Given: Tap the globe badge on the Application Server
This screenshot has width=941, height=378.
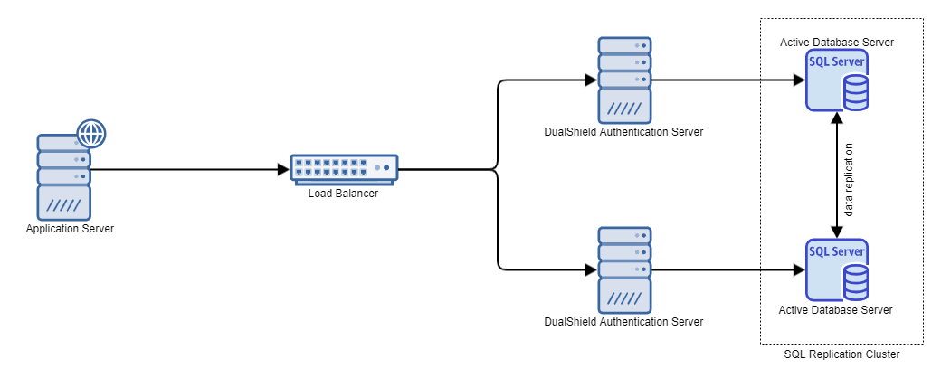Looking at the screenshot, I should (x=90, y=134).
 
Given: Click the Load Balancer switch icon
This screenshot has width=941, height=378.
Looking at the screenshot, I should (x=344, y=167).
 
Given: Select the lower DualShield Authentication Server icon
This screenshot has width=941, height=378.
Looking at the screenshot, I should (x=624, y=269).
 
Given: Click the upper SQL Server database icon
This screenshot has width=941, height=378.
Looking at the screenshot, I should (x=837, y=80).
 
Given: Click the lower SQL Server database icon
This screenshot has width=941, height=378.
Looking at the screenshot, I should (x=837, y=269).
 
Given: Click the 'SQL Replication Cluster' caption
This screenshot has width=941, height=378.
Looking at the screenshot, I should (x=841, y=355).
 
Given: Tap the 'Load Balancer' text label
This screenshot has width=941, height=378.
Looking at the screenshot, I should (x=344, y=192).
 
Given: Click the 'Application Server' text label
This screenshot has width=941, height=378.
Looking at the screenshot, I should (x=70, y=228).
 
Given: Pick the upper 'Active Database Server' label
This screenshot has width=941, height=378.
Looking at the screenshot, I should (x=837, y=43).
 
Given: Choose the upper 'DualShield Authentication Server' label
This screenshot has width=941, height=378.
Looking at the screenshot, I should (x=624, y=132).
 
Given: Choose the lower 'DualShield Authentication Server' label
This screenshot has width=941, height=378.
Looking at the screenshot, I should (x=624, y=322).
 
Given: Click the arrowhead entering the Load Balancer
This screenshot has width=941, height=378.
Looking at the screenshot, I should (x=283, y=169).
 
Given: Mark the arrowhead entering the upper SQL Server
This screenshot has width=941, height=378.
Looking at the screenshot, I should (x=799, y=80).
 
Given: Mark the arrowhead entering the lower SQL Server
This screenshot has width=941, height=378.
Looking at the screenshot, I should (x=799, y=269).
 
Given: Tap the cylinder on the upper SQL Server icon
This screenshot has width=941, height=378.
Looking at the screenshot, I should (x=855, y=91).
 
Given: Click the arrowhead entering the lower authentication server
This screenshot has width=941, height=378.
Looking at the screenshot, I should (x=592, y=269).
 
